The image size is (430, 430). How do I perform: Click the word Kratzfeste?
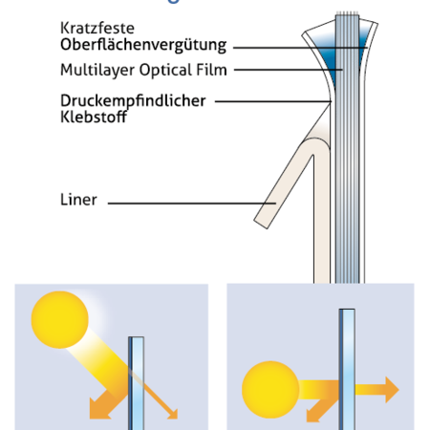pyautogui.click(x=95, y=29)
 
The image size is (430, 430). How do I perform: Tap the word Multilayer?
pyautogui.click(x=94, y=70)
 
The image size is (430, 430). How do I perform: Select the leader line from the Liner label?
pyautogui.click(x=191, y=202)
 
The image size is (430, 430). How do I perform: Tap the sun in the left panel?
pyautogui.click(x=60, y=323)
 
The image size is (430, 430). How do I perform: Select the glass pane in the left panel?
pyautogui.click(x=137, y=377)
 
